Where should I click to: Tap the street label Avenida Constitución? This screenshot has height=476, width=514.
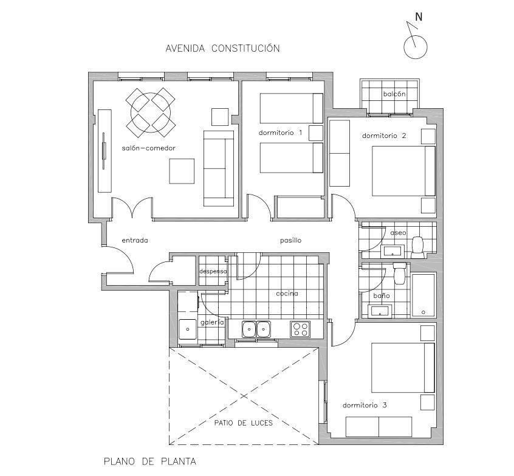coord(222,48)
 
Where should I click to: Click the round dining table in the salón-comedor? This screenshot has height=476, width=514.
coord(151,112)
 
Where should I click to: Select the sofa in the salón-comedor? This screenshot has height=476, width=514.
coord(219,168)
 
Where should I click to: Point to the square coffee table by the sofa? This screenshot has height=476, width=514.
coord(182,171)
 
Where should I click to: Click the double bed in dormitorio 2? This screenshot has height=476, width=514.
coord(403,171)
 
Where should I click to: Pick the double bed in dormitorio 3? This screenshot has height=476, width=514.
coord(403,368)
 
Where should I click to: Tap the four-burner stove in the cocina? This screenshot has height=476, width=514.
coord(300,329)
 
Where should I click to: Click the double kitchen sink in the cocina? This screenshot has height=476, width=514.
coord(256,329)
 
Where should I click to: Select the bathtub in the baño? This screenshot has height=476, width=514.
coord(423,295)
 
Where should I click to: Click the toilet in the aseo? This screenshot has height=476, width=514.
coord(417,247)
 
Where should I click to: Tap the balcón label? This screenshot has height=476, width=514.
coord(394,94)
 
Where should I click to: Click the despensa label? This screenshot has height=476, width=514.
coord(213,272)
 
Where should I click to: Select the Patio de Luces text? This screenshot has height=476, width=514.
coord(244,423)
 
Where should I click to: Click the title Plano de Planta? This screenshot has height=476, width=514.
coord(150,461)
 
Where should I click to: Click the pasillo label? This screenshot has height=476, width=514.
coord(291,241)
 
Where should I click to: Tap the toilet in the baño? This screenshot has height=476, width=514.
coord(400,273)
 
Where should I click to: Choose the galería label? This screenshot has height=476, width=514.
coord(212,322)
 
